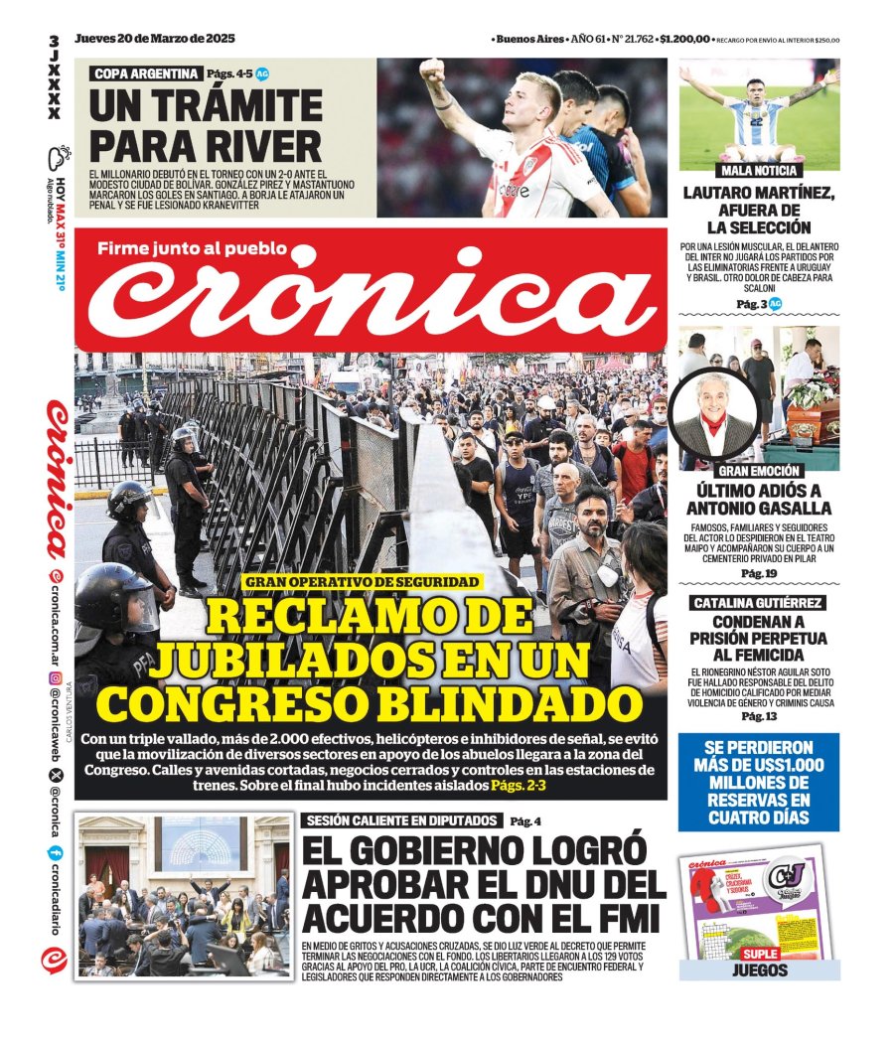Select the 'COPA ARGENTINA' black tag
tap(145, 74)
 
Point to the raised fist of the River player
tap(431, 72)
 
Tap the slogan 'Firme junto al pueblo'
tap(192, 248)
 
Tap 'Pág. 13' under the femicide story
tap(759, 716)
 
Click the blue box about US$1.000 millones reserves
tap(759, 782)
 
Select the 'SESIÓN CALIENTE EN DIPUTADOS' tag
tap(401, 820)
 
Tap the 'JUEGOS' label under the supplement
tap(759, 969)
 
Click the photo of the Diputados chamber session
tap(184, 897)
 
